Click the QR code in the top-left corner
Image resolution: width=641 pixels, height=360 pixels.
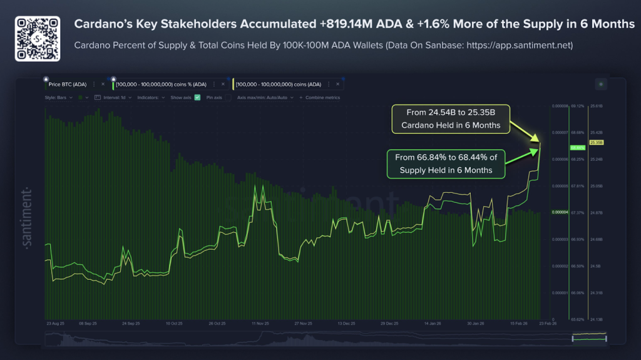click(x=38, y=38)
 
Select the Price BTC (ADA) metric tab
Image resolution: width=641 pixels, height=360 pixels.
click(x=67, y=84)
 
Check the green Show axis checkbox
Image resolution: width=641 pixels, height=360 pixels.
click(x=197, y=98)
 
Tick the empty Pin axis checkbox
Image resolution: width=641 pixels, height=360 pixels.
click(x=228, y=98)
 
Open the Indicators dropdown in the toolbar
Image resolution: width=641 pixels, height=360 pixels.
click(x=150, y=98)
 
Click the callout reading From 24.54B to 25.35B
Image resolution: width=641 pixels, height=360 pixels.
click(x=451, y=119)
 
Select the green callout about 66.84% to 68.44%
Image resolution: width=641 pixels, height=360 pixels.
click(x=446, y=164)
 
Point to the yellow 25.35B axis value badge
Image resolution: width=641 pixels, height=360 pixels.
click(x=596, y=143)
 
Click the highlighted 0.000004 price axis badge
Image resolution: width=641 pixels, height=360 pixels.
click(x=558, y=212)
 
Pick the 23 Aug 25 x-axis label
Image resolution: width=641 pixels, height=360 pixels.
click(x=55, y=324)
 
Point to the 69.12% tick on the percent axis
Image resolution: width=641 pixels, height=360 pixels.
click(x=578, y=106)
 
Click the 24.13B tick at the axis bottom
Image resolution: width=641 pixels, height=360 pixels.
click(x=596, y=319)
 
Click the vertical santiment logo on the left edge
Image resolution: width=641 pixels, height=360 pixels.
click(x=26, y=217)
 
